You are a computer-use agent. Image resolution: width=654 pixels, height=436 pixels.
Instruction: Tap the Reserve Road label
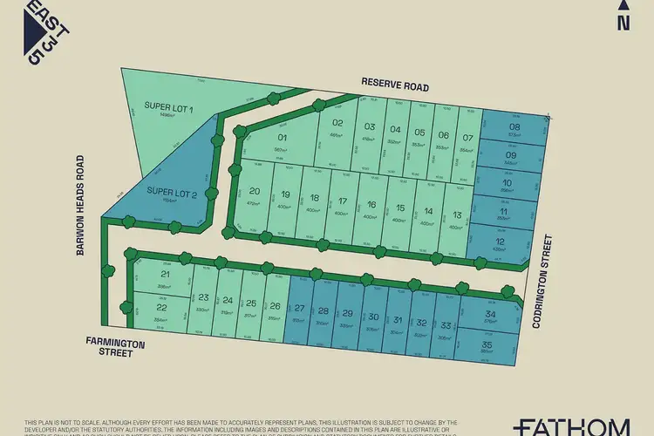(x=395, y=83)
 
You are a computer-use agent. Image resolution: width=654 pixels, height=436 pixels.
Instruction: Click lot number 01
(x=282, y=138)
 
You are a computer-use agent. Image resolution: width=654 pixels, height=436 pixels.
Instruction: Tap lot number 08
(x=513, y=127)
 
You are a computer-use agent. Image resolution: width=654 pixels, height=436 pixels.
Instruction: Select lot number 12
(x=500, y=242)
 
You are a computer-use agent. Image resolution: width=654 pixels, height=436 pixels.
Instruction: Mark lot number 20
(x=255, y=192)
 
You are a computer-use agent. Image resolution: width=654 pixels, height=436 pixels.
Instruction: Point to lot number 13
(x=455, y=215)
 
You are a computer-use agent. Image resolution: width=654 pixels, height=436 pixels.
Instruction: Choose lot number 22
(x=160, y=308)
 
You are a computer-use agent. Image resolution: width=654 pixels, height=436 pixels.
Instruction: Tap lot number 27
(x=299, y=309)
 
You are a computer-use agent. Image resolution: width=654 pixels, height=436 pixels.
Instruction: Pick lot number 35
(x=487, y=345)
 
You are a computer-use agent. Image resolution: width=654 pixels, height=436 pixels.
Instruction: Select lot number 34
(x=490, y=315)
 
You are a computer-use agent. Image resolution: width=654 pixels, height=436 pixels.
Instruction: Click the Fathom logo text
(x=571, y=426)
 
